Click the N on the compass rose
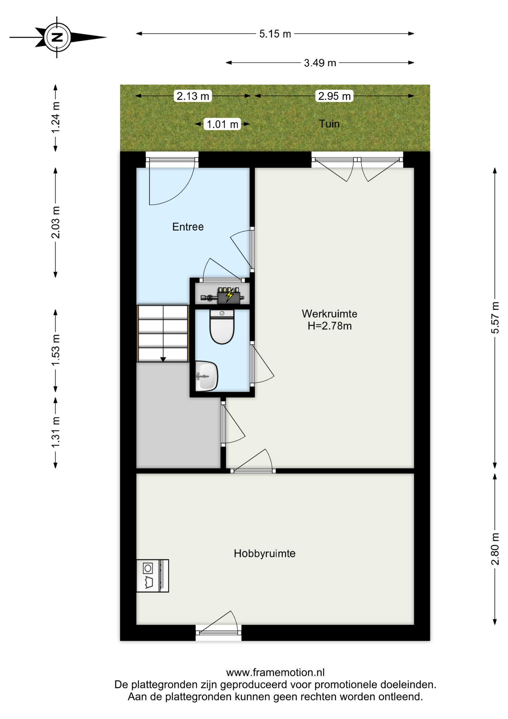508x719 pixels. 57,37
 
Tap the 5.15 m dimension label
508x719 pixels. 275,34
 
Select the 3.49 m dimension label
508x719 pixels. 320,63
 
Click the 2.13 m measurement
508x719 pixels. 193,96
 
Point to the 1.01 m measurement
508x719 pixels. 223,124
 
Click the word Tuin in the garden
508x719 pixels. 329,124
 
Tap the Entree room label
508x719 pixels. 188,227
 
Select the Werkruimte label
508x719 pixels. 330,313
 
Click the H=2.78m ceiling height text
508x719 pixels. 330,326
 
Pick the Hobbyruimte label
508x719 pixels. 264,553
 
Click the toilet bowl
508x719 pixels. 222,327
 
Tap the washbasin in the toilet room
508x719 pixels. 206,376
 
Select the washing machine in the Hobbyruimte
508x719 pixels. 152,576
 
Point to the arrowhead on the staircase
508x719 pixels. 163,359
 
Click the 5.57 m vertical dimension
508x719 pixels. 495,318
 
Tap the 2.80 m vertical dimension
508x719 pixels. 495,549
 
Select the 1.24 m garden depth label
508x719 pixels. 55,117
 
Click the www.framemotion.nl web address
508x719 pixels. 275,673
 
